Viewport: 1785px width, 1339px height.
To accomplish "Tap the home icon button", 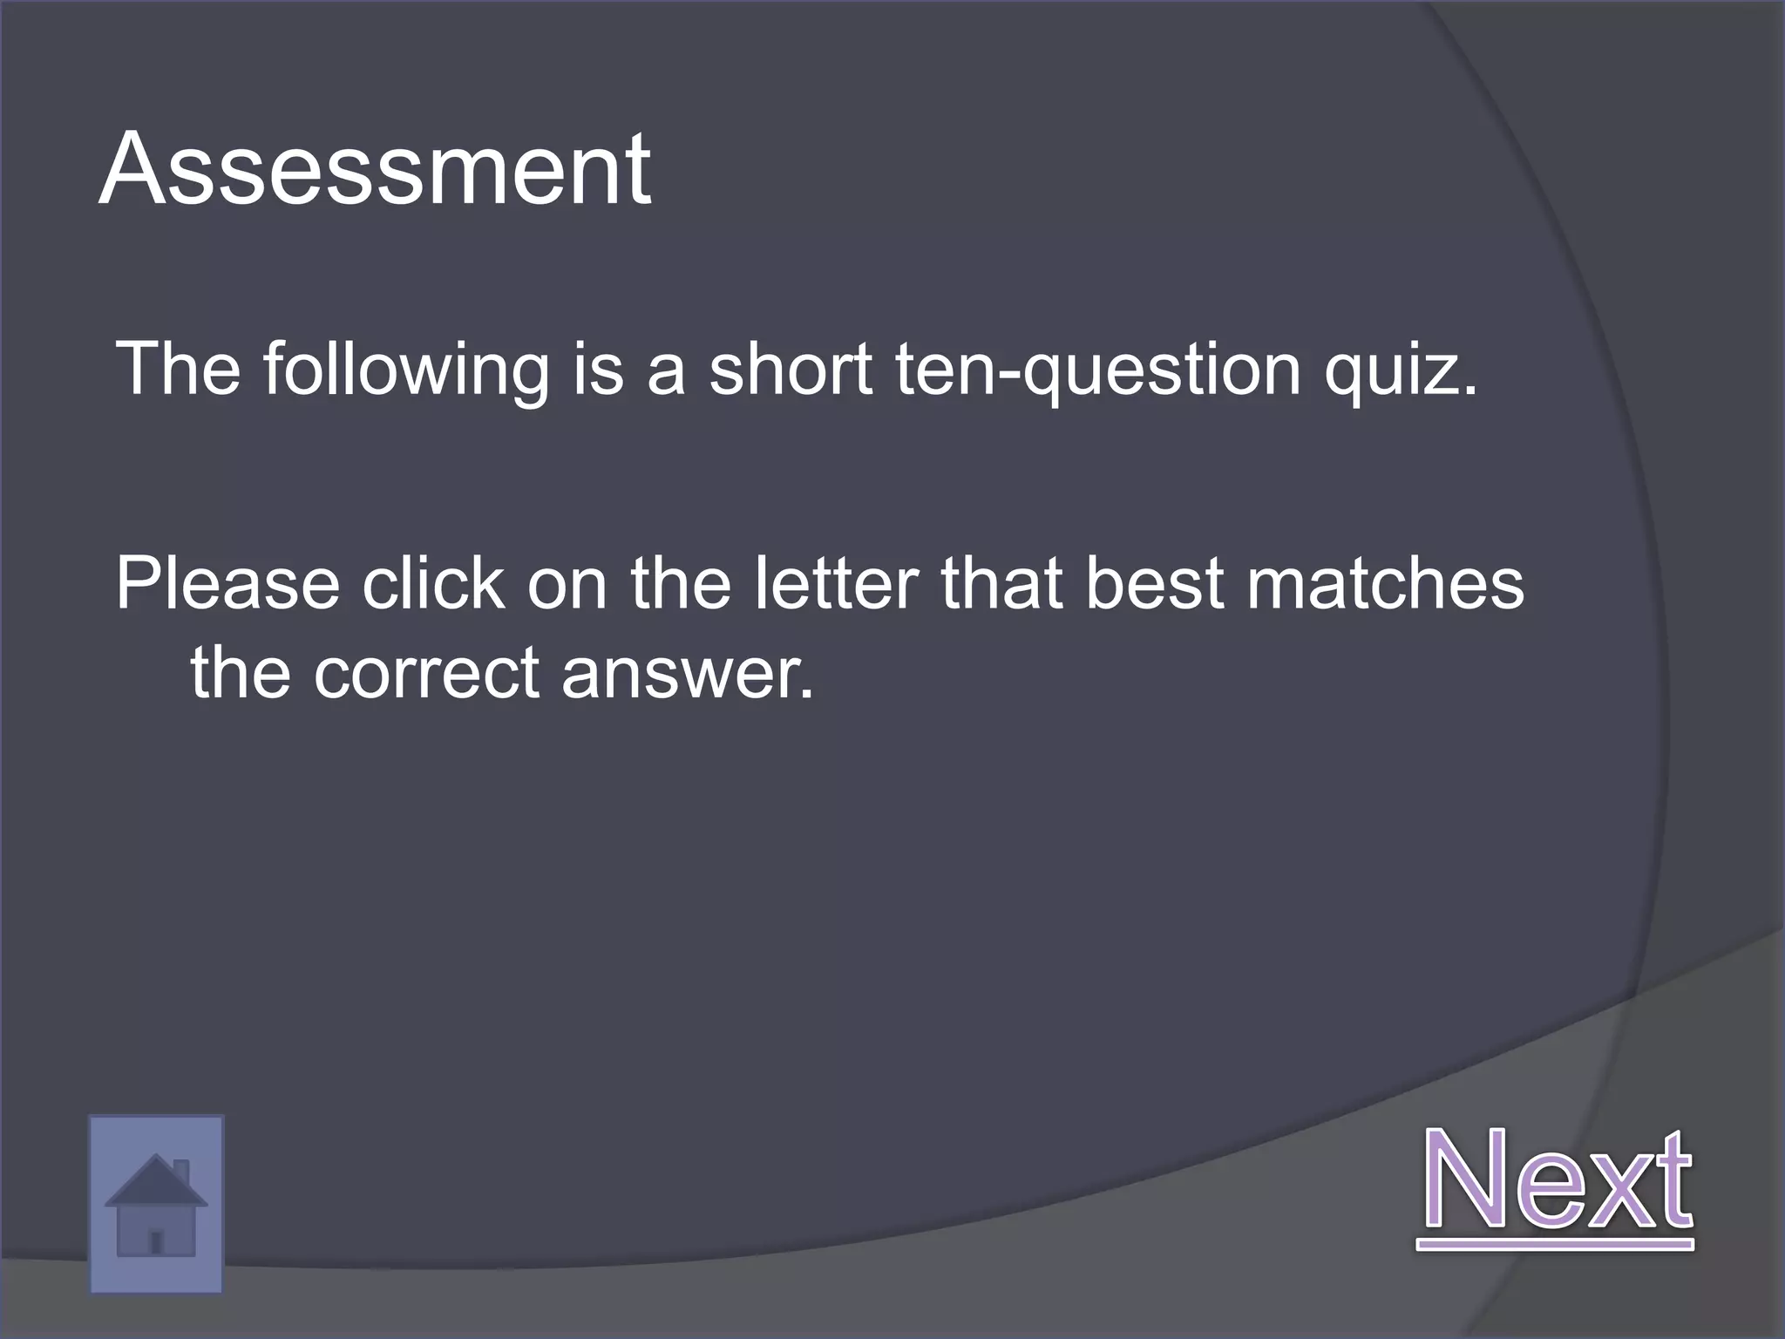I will coord(156,1204).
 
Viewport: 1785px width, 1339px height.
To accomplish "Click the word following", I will coord(406,370).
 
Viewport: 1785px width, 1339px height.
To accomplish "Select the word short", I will coord(790,370).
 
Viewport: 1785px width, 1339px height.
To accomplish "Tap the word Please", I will coord(227,583).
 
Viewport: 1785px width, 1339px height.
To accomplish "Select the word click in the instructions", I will coord(433,583).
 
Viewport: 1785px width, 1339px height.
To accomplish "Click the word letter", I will coord(836,583).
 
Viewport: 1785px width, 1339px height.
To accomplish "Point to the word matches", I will coord(1385,583).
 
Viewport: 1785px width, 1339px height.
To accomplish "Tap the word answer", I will coord(688,674).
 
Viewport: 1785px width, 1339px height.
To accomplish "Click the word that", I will coord(1002,583).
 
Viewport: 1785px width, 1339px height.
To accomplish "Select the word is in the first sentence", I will coord(598,370).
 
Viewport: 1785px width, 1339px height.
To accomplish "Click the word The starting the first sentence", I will coord(178,370).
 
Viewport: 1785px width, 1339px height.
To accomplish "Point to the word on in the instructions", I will coord(567,585).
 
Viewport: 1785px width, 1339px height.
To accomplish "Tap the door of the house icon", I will coord(156,1240).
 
